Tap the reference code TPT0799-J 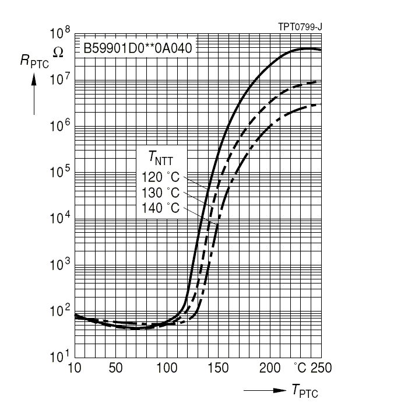(x=300, y=27)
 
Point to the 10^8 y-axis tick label (x=59, y=33)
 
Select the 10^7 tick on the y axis (x=59, y=79)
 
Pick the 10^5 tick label (x=59, y=171)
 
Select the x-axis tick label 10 (x=74, y=368)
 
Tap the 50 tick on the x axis (x=115, y=368)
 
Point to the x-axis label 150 (x=219, y=368)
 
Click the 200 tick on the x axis (x=270, y=368)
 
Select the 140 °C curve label (x=160, y=208)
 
